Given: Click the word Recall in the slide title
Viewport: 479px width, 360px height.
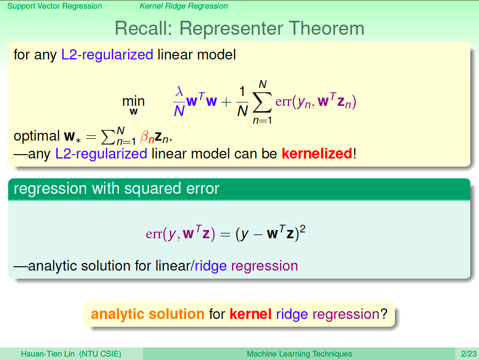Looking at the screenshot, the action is click(143, 29).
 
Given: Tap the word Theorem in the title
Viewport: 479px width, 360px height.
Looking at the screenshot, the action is click(327, 29).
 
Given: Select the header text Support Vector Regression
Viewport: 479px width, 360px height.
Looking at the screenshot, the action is click(55, 6).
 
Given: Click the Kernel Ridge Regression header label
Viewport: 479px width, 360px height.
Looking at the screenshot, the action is click(184, 6).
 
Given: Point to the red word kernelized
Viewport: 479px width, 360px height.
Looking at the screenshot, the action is click(317, 153).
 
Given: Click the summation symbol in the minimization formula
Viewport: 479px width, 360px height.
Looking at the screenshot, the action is click(262, 101).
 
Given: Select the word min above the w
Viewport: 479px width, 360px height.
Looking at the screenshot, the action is click(133, 101).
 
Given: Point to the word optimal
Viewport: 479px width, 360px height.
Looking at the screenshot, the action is click(37, 136).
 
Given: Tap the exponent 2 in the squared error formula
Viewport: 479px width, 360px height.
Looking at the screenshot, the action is click(303, 229).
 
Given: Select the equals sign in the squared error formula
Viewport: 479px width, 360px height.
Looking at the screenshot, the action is click(225, 234).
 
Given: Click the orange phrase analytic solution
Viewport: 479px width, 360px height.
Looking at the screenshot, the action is click(147, 314).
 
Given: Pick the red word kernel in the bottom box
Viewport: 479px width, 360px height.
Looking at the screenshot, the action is click(250, 314).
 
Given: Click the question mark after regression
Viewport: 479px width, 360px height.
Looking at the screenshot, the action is click(384, 314).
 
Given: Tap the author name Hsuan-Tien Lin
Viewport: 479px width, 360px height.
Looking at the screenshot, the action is click(48, 354).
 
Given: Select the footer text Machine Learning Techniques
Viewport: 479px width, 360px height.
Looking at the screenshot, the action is click(299, 354).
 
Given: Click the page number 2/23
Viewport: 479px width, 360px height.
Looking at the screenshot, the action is click(469, 354).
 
